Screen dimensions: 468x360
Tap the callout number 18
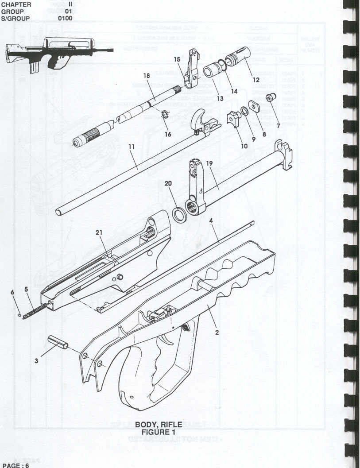click(x=147, y=76)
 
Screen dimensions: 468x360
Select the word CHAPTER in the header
click(x=16, y=4)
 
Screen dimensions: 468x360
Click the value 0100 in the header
click(x=65, y=19)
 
